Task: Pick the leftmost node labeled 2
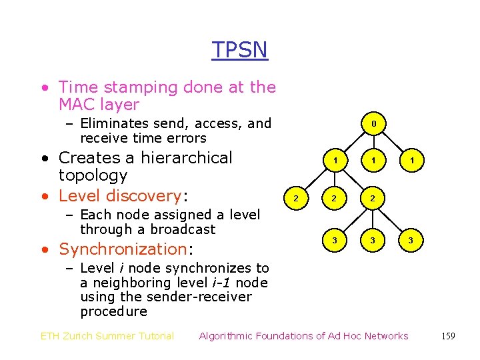296,199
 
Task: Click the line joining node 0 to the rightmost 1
393,142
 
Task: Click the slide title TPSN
239,50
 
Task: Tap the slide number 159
448,336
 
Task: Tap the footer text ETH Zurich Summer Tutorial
107,336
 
